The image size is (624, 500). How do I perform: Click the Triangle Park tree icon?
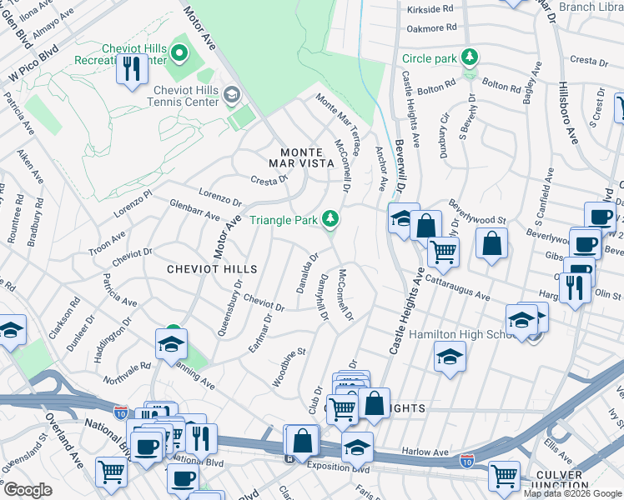click(x=332, y=219)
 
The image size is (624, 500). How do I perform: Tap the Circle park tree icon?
click(x=471, y=57)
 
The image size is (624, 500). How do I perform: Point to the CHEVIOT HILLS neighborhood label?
click(x=211, y=269)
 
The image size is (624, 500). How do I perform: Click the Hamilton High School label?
click(x=455, y=334)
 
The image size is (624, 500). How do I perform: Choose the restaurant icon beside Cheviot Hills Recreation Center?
click(x=131, y=70)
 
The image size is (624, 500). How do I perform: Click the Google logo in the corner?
click(x=28, y=489)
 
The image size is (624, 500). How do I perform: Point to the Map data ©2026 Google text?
click(x=572, y=493)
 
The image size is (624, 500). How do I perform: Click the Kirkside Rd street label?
click(x=430, y=9)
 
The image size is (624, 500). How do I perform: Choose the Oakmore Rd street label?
click(x=430, y=27)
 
